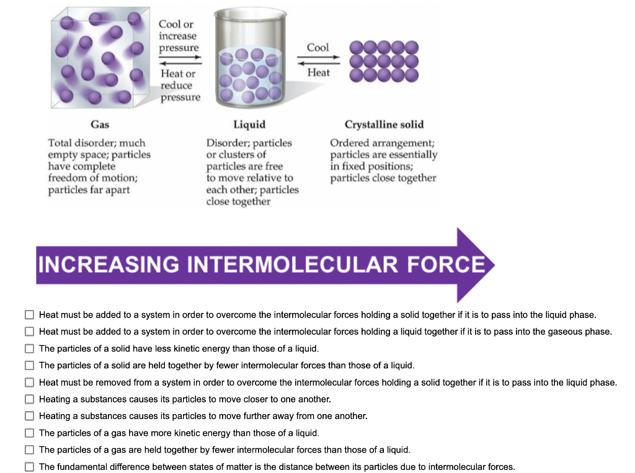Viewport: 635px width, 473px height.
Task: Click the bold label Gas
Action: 100,125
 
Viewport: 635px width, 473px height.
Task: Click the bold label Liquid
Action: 249,125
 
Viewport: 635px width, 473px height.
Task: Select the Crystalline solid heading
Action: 384,125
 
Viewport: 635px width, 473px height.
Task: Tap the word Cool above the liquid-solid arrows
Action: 318,47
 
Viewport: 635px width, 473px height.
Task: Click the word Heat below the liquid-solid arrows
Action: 318,73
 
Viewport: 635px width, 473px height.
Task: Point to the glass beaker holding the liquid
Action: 251,58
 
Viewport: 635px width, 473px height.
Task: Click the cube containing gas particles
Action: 100,58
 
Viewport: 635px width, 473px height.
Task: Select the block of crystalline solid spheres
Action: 384,61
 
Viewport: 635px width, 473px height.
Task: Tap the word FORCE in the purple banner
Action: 446,265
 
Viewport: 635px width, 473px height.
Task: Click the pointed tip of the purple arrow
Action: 494,265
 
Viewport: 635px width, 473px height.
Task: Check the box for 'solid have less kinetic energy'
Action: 30,348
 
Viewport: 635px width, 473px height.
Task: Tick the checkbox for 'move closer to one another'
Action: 30,399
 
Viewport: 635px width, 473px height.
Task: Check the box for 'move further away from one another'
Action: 30,416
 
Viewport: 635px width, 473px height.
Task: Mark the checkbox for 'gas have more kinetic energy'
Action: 30,433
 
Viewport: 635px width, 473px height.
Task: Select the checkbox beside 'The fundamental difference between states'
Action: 30,467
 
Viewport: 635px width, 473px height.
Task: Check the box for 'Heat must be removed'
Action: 30,382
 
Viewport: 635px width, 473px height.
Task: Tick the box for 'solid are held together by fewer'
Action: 30,365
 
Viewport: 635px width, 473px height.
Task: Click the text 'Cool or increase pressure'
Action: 178,36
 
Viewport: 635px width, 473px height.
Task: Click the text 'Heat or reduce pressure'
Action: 180,86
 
